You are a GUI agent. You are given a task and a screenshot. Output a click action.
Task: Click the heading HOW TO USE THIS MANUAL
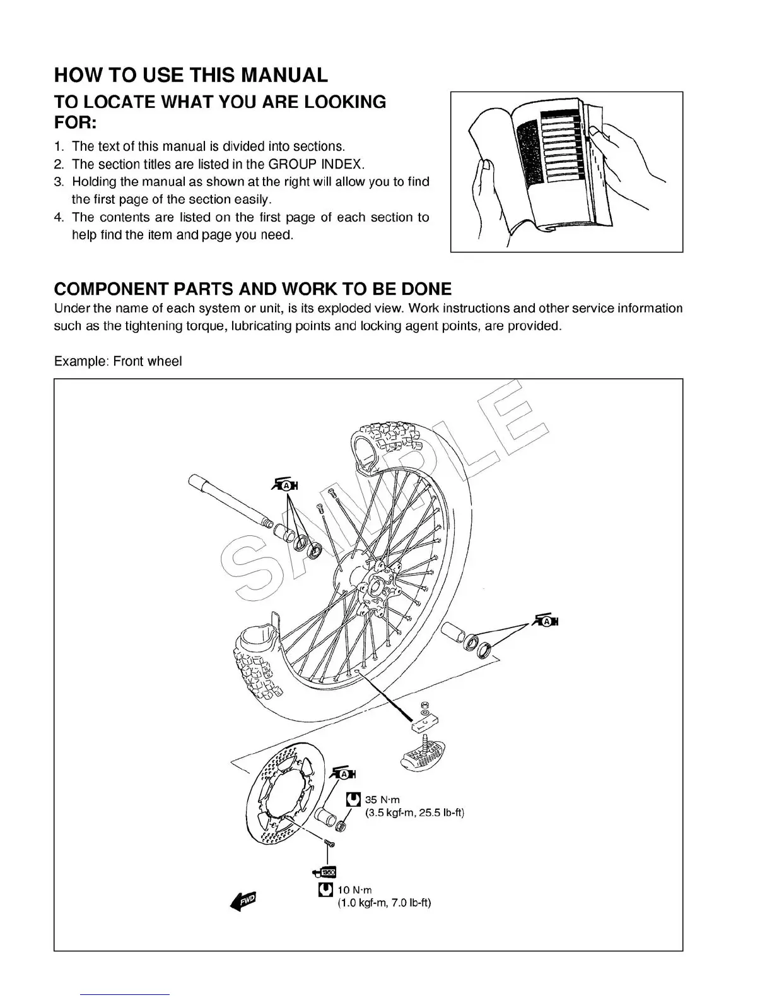point(191,75)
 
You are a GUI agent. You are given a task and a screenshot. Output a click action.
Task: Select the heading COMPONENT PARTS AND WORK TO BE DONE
point(253,289)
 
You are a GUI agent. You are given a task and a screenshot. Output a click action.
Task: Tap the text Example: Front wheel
point(118,361)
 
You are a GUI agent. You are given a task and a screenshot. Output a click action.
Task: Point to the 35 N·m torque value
point(382,800)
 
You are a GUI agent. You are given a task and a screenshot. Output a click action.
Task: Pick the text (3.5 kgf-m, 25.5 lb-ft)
point(414,813)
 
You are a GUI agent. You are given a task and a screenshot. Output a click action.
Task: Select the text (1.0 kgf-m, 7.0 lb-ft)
point(384,903)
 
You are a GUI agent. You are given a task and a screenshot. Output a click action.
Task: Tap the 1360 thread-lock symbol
point(325,872)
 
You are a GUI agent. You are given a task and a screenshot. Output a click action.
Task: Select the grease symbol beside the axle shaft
point(286,485)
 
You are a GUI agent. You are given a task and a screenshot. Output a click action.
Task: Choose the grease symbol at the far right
point(546,621)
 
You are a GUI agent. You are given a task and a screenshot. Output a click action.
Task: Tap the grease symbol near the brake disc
point(343,774)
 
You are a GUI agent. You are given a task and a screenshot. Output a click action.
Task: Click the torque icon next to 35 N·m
point(354,800)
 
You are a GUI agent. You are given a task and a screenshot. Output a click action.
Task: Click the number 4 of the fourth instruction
point(58,218)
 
